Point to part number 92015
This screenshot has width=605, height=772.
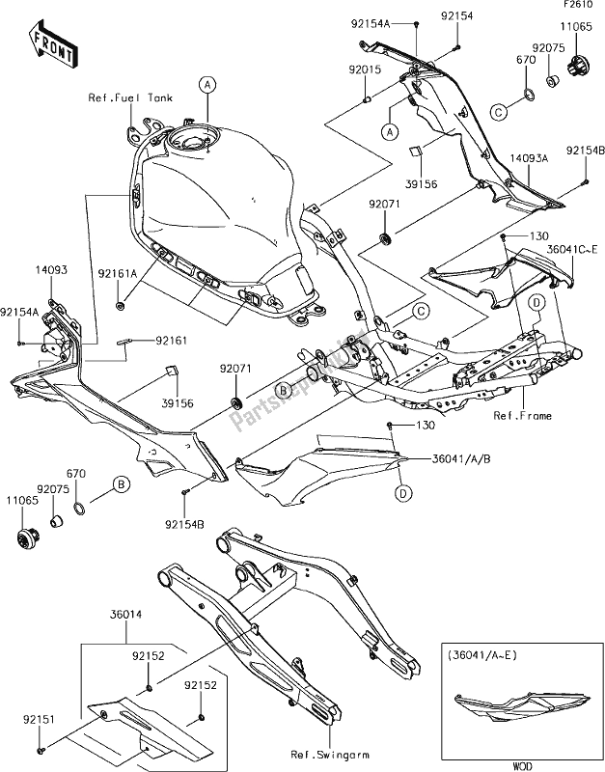(x=365, y=70)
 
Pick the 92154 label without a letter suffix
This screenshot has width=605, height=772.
(x=456, y=16)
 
